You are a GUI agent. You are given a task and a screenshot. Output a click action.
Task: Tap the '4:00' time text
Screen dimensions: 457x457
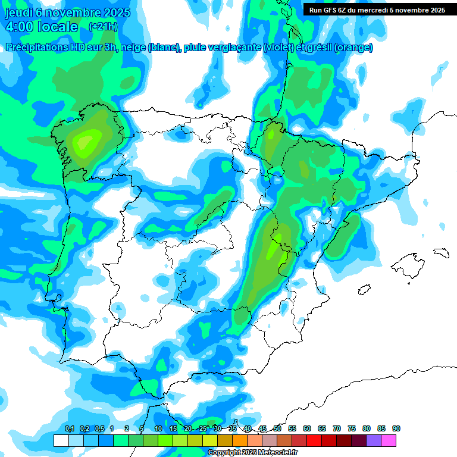[18, 27]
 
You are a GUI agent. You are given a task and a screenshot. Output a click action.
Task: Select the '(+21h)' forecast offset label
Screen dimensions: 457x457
[102, 27]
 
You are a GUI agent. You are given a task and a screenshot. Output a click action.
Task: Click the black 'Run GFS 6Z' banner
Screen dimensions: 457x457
[374, 10]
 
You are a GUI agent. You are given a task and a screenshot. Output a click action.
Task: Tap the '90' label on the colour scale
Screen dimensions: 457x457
[396, 428]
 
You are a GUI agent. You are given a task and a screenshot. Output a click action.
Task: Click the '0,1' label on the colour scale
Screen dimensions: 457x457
[69, 428]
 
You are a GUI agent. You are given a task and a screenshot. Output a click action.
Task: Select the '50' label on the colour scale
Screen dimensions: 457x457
[277, 428]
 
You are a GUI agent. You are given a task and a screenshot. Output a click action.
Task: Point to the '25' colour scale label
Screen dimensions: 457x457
[203, 428]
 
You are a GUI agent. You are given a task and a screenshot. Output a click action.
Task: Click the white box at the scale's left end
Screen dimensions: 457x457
[61, 440]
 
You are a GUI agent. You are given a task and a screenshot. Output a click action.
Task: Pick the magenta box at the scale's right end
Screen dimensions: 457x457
[389, 440]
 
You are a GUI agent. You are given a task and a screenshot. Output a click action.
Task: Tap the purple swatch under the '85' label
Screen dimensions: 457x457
[374, 440]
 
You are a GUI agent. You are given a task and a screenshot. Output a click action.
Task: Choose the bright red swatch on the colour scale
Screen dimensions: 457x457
[314, 440]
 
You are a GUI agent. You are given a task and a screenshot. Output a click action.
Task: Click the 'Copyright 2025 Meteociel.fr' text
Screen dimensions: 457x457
[253, 452]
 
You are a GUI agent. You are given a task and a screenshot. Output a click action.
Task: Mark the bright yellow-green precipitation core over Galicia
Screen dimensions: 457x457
[86, 142]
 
